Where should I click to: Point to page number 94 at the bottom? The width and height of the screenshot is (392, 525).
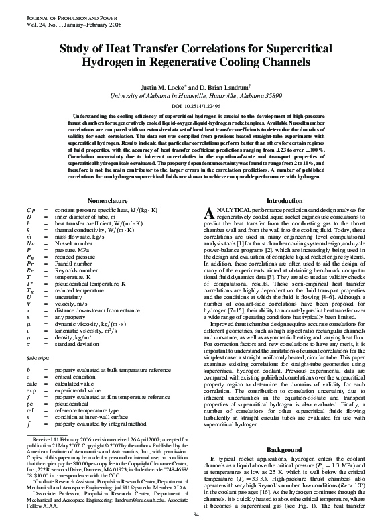click(196, 514)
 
